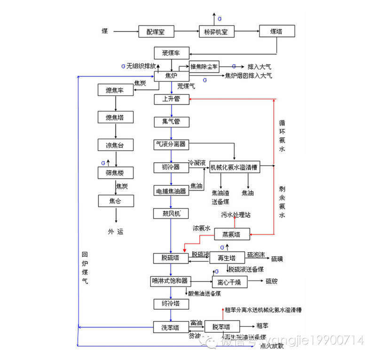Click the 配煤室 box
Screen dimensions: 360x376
point(157,31)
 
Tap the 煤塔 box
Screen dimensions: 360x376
point(277,31)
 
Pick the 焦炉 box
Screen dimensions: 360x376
point(172,76)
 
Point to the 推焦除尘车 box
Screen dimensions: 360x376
point(204,67)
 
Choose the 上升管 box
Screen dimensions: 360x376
point(172,99)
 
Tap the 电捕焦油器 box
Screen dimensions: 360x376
point(172,190)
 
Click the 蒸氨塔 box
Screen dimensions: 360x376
point(232,233)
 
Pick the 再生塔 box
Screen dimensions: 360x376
point(227,258)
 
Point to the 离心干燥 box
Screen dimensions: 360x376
point(229,282)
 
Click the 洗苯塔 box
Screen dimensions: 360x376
point(172,327)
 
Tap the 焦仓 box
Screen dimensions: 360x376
point(116,201)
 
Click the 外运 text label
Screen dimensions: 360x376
point(116,232)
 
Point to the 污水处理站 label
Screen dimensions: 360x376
point(236,215)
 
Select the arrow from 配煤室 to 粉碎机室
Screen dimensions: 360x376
point(186,31)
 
